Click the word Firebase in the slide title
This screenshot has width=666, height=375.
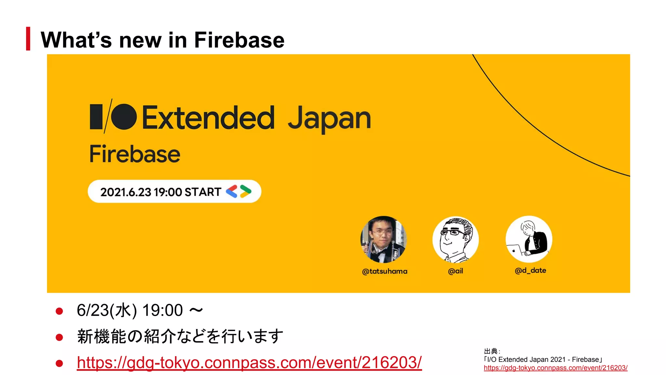click(x=239, y=40)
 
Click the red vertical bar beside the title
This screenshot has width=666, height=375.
click(x=28, y=39)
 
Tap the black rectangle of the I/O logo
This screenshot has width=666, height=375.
click(x=96, y=117)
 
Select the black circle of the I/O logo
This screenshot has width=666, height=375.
click(x=124, y=117)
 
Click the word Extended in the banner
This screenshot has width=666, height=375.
click(x=208, y=118)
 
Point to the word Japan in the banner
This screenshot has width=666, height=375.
click(x=329, y=119)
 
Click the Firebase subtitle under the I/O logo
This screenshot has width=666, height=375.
click(x=135, y=154)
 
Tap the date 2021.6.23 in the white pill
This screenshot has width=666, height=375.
click(x=126, y=192)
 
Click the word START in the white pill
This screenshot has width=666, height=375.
click(x=203, y=192)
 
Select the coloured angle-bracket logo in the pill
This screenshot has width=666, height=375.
click(x=239, y=191)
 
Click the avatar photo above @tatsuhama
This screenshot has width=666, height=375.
click(x=383, y=239)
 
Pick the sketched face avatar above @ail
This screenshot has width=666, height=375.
click(x=455, y=240)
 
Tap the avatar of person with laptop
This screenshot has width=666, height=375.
click(x=529, y=239)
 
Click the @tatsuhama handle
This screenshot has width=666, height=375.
click(x=384, y=271)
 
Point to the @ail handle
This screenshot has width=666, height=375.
click(x=455, y=271)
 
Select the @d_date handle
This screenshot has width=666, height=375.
click(x=530, y=271)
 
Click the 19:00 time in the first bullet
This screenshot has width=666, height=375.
click(x=163, y=310)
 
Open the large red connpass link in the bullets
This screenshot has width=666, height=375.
click(x=249, y=363)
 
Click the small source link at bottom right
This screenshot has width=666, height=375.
click(x=555, y=368)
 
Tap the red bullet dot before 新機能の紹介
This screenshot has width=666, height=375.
click(x=59, y=337)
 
